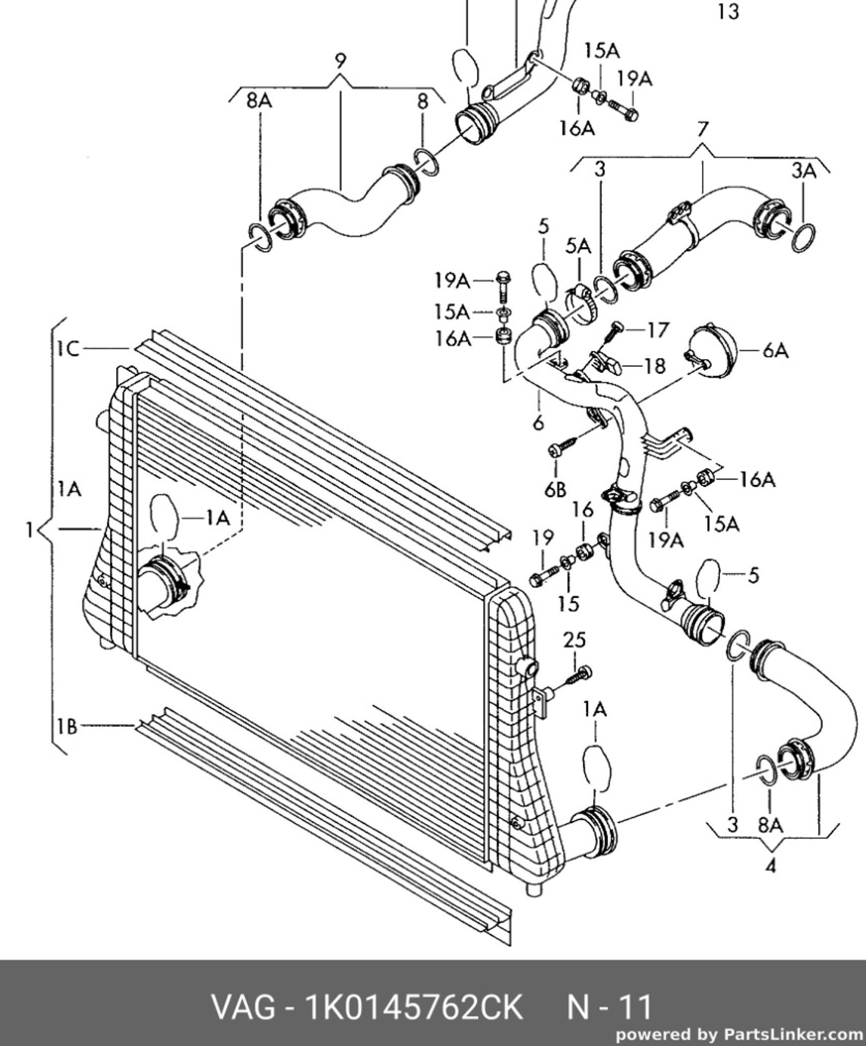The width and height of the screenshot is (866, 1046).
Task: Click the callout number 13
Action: tap(728, 11)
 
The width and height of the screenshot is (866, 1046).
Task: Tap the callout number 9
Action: tap(340, 61)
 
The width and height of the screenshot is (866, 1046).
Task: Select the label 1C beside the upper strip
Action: tap(68, 349)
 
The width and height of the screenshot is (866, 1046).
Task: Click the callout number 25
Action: tap(574, 640)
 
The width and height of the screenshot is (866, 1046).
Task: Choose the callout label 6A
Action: tap(775, 351)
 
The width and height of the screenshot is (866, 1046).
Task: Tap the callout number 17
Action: tap(658, 330)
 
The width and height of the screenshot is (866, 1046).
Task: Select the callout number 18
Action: tap(654, 366)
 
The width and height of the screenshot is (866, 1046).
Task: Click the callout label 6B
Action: tap(555, 490)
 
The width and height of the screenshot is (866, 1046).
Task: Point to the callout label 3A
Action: tap(804, 171)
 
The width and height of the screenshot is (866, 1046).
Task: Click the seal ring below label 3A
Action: tap(803, 238)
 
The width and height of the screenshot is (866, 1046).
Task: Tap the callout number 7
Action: tap(702, 130)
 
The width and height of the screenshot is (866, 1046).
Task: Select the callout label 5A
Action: tap(578, 246)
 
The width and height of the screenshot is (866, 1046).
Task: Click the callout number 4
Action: tap(770, 867)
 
